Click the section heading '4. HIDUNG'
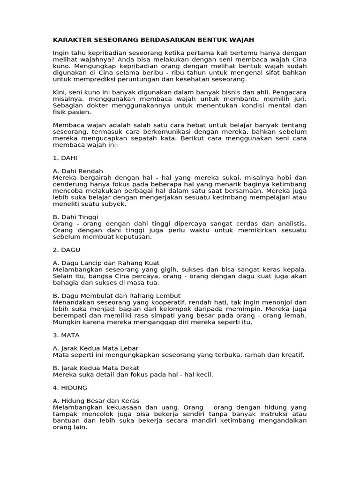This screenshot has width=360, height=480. tap(70, 388)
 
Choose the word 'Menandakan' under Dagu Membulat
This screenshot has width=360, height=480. tap(72, 302)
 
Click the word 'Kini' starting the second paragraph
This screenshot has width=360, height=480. tap(60, 92)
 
